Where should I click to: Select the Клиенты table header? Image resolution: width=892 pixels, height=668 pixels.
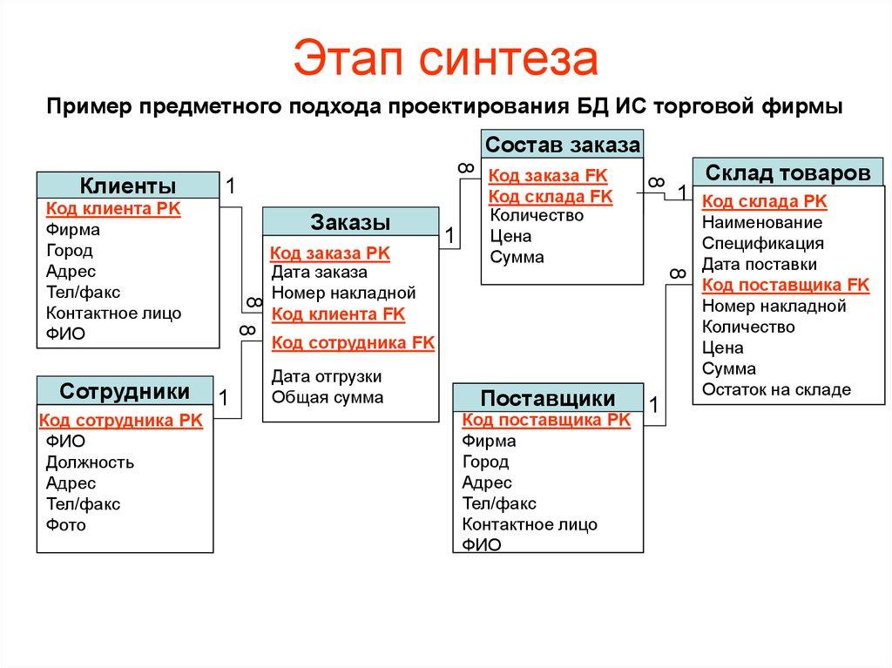[127, 186]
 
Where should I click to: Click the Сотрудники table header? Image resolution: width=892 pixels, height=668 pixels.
[125, 389]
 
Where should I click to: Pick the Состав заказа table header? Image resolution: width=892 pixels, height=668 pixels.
[562, 144]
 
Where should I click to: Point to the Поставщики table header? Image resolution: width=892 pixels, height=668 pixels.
[548, 399]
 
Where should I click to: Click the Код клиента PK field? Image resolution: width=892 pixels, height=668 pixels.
[112, 208]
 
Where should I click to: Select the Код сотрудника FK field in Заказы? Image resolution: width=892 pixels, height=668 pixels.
[353, 342]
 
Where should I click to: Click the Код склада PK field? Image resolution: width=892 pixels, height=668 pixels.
[764, 201]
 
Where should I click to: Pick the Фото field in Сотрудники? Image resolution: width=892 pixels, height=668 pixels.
[66, 525]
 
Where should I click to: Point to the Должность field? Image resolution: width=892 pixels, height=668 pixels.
[90, 462]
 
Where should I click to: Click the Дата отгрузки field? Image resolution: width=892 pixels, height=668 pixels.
[327, 376]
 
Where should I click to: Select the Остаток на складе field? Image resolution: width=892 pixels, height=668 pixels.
[776, 389]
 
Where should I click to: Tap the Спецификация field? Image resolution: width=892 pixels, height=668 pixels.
[762, 243]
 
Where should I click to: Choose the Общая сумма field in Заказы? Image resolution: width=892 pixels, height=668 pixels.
[327, 397]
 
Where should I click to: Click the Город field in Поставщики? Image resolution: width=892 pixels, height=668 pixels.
[485, 462]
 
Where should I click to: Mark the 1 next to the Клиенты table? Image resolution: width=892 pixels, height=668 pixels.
[231, 186]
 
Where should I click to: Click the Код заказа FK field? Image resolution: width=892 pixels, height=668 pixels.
[548, 174]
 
